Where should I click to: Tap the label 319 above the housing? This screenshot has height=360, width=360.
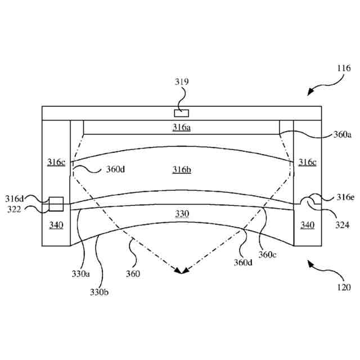181,82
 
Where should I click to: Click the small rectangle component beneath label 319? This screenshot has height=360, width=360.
182,113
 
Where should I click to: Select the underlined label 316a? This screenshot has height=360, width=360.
181,127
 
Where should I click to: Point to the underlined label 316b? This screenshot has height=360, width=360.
182,169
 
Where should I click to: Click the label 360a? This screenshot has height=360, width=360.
342,134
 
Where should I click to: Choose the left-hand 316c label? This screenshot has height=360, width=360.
56,162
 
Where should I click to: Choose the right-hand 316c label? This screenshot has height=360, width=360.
307,162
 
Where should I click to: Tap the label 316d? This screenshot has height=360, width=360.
15,198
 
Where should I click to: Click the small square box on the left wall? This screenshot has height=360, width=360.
56,204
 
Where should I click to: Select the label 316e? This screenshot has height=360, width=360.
345,197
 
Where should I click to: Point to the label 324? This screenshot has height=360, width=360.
342,225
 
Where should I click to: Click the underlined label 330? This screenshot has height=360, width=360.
182,214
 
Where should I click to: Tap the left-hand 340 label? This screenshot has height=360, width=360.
56,225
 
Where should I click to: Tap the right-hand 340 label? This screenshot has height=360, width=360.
307,225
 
